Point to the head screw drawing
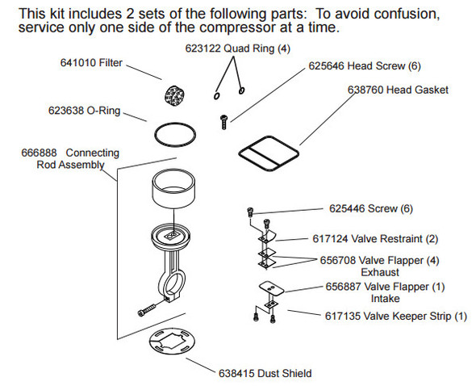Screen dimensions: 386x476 223,121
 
